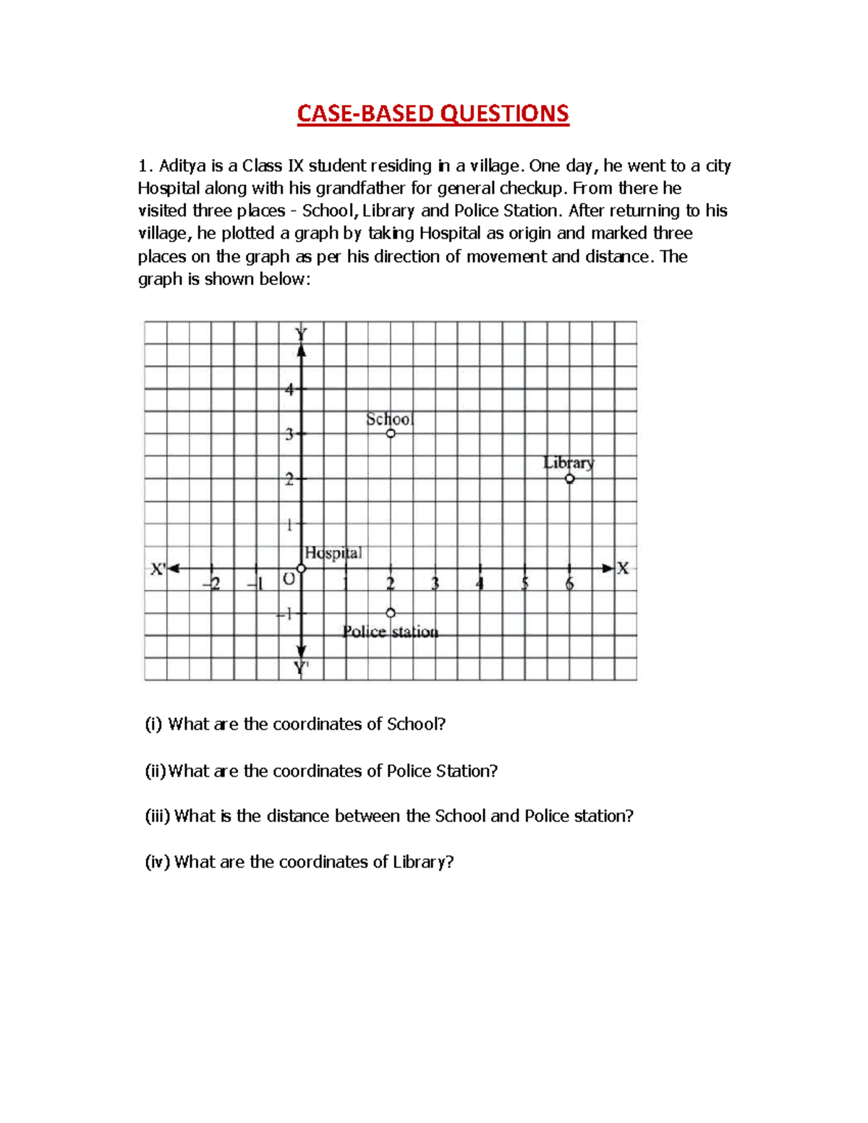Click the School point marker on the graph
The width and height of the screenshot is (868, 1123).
click(x=391, y=434)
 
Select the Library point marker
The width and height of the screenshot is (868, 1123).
click(x=570, y=479)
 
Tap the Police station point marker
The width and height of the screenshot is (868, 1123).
click(x=391, y=613)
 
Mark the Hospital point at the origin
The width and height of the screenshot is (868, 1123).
click(x=302, y=568)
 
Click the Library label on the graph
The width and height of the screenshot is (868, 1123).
click(x=569, y=463)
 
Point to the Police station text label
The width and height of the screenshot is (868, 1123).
click(x=391, y=632)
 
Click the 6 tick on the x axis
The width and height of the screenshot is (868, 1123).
click(x=570, y=583)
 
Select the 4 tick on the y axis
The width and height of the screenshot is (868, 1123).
click(x=290, y=390)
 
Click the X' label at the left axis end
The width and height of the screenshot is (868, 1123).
click(x=158, y=569)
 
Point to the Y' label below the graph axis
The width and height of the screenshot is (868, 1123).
click(x=301, y=668)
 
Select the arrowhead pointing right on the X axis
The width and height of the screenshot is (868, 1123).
click(x=608, y=568)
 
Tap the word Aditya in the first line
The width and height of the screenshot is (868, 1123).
click(x=182, y=166)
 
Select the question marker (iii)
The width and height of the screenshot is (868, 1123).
click(x=158, y=816)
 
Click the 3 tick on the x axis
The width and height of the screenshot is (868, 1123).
click(x=435, y=583)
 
